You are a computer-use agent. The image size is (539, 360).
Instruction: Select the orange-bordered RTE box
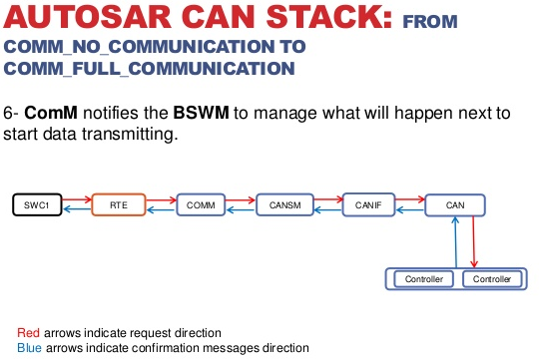(118, 205)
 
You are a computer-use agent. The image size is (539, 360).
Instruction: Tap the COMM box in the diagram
(201, 205)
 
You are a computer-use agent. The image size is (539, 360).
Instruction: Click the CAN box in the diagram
(455, 205)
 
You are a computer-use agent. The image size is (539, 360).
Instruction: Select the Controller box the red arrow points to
(492, 279)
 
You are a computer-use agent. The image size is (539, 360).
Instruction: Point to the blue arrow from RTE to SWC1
(78, 212)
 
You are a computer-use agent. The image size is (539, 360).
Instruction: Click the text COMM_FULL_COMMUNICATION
(150, 68)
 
